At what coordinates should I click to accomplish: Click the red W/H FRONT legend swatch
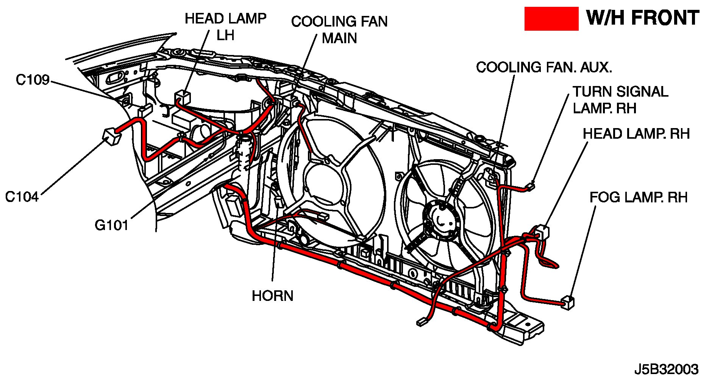[551, 19]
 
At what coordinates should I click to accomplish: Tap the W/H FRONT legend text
[642, 18]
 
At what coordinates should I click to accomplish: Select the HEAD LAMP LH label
[225, 27]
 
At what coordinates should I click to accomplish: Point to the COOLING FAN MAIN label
[339, 30]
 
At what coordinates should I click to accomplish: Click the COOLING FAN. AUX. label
[544, 67]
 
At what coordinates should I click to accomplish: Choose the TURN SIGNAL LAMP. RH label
[620, 100]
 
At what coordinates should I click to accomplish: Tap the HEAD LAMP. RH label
[636, 134]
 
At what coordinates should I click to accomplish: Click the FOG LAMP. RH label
[638, 197]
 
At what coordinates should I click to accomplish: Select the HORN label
[272, 296]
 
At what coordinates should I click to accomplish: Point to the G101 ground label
[111, 225]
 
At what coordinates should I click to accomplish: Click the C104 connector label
[22, 197]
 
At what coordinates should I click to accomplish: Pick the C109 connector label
[33, 80]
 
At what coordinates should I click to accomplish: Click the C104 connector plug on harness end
[110, 136]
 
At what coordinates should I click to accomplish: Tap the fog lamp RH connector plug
[568, 303]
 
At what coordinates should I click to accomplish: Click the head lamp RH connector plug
[542, 231]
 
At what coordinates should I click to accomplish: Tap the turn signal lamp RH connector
[531, 186]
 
